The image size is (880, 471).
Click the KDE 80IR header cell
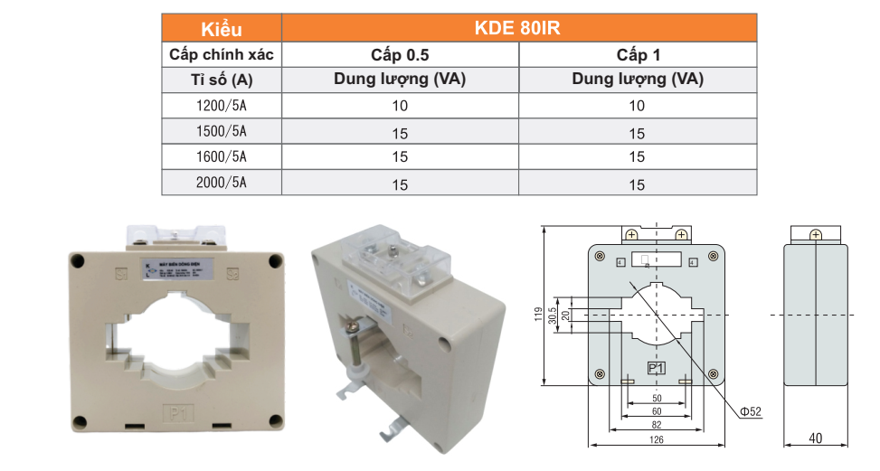(518, 28)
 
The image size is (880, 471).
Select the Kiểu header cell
(222, 29)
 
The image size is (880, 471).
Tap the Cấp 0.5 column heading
(400, 55)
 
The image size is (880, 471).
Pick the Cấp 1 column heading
(638, 55)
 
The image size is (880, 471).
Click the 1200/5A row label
(222, 105)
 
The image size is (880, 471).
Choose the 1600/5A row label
(222, 156)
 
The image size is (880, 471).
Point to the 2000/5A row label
(222, 184)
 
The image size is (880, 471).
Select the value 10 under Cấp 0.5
(400, 106)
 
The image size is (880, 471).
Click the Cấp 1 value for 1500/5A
(638, 133)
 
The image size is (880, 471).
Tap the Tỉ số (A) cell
(222, 80)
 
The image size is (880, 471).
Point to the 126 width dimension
(657, 440)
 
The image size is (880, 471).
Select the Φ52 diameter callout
(751, 412)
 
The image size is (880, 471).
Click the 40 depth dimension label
(816, 439)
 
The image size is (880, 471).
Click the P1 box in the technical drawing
(657, 368)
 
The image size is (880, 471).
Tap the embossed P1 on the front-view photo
(177, 413)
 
